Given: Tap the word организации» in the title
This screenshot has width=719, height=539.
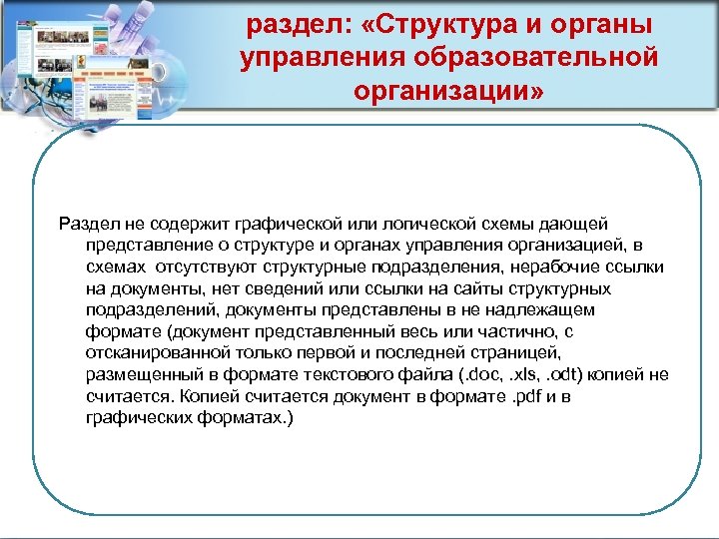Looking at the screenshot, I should [x=449, y=92].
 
